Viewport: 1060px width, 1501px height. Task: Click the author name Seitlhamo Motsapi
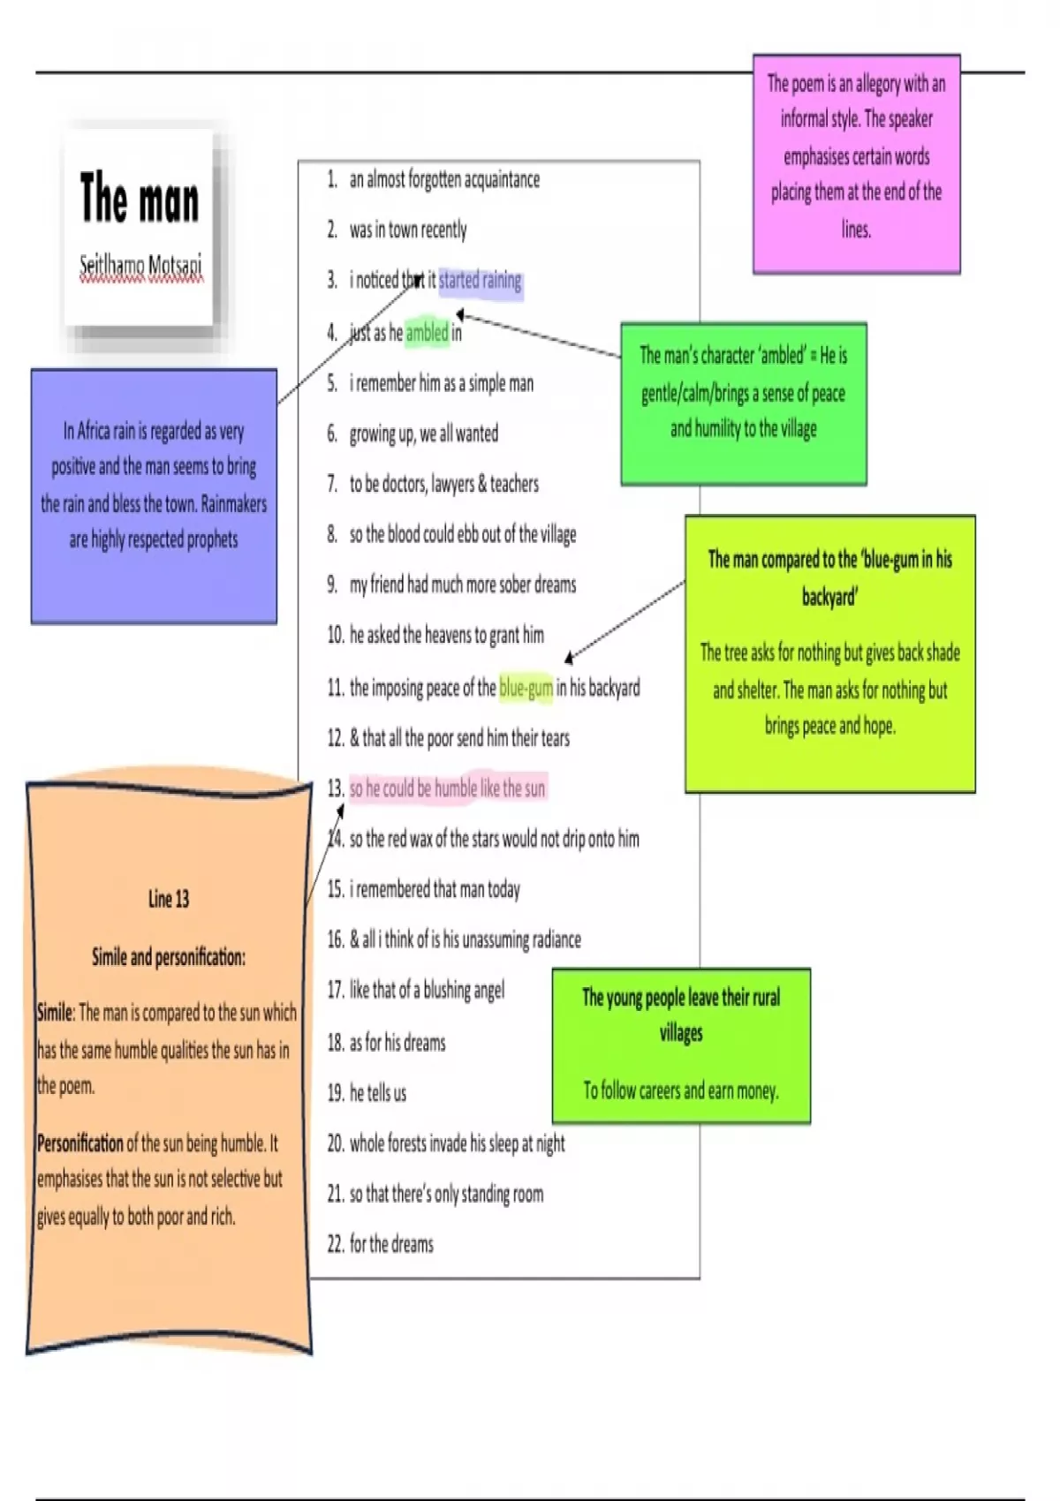pyautogui.click(x=140, y=265)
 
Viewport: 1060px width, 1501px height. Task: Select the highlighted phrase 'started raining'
pyautogui.click(x=480, y=280)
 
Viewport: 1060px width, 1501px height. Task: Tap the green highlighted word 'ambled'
pyautogui.click(x=427, y=332)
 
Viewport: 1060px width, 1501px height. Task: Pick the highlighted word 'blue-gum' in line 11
pyautogui.click(x=526, y=687)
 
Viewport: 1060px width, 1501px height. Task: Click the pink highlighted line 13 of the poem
pyautogui.click(x=447, y=788)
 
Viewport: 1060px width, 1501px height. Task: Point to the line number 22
pyautogui.click(x=336, y=1244)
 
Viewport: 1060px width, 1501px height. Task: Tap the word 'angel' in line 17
pyautogui.click(x=488, y=990)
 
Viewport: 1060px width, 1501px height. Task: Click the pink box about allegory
pyautogui.click(x=856, y=164)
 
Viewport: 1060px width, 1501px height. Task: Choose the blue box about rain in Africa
pyautogui.click(x=154, y=496)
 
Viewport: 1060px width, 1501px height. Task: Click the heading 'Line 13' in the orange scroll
pyautogui.click(x=169, y=899)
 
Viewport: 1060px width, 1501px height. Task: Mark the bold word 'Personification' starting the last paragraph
pyautogui.click(x=79, y=1143)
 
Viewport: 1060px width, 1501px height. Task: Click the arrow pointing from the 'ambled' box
pyautogui.click(x=538, y=335)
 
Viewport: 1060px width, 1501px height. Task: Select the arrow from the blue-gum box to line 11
pyautogui.click(x=625, y=622)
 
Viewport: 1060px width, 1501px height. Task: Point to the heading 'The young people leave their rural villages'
pyautogui.click(x=681, y=1014)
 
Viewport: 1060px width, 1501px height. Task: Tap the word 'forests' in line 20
pyautogui.click(x=407, y=1143)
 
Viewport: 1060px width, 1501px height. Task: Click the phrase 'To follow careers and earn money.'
pyautogui.click(x=681, y=1091)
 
